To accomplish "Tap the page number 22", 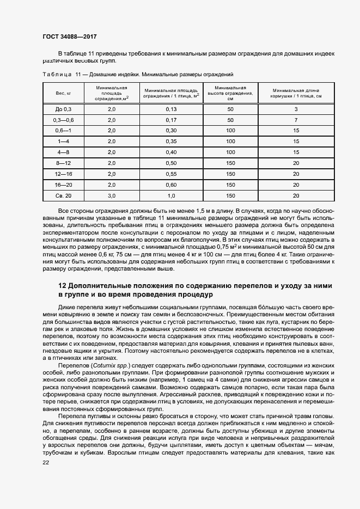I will (x=46, y=462).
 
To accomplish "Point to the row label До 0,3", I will (x=60, y=109).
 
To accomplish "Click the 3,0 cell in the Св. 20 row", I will (x=112, y=195).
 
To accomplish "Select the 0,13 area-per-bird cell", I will (x=171, y=109).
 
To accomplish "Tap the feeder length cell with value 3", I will (x=296, y=109).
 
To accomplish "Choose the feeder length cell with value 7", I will (x=296, y=120).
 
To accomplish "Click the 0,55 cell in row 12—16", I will (x=171, y=174).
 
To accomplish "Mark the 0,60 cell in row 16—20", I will (x=171, y=185).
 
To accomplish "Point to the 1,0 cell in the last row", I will (x=171, y=195).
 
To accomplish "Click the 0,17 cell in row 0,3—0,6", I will (x=171, y=120).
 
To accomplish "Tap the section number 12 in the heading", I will (x=62, y=286).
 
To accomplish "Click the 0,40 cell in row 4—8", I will (x=171, y=152).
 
